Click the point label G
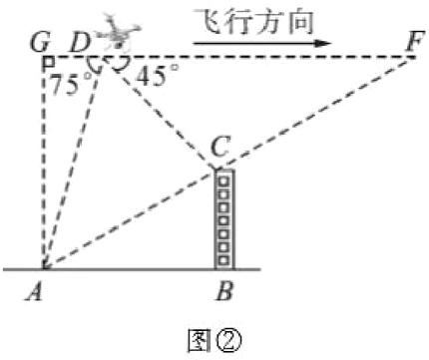point(40,43)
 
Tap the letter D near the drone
point(78,43)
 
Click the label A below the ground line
point(42,296)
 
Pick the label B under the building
point(225,296)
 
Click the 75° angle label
point(67,84)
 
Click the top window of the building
point(224,180)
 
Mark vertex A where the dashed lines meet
point(43,268)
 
